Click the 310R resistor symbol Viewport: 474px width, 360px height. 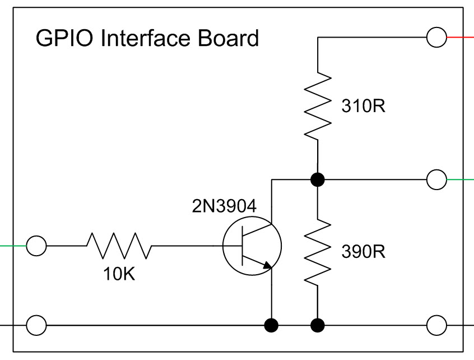tap(318, 105)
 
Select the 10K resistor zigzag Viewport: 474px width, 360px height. tap(119, 246)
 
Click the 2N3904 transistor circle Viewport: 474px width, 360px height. tap(252, 247)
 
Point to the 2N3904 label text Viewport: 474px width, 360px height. tap(224, 206)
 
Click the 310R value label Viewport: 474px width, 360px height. tap(363, 107)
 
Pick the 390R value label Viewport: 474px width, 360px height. tap(363, 252)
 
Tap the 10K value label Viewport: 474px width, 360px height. tap(119, 275)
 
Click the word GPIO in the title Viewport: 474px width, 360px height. tap(58, 39)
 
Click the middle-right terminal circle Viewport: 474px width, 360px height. tap(436, 179)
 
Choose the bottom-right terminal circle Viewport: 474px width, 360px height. tap(436, 325)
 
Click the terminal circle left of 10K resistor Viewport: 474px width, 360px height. tap(36, 246)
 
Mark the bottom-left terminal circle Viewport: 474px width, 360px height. tap(36, 325)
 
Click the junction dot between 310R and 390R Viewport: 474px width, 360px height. tap(318, 179)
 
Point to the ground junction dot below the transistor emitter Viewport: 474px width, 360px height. tap(272, 325)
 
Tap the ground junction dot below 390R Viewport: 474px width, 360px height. tap(318, 325)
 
